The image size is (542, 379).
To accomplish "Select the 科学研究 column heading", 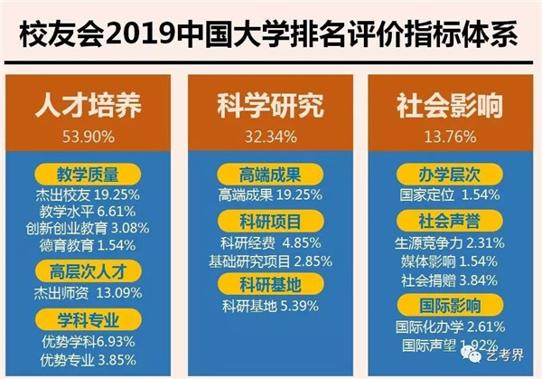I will click(270, 106).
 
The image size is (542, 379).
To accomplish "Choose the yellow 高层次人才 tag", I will click(89, 269).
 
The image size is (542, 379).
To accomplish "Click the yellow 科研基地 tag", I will click(270, 285).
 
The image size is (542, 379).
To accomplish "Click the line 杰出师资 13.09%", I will click(89, 291).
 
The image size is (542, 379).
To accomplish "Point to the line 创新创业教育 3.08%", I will click(89, 227).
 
